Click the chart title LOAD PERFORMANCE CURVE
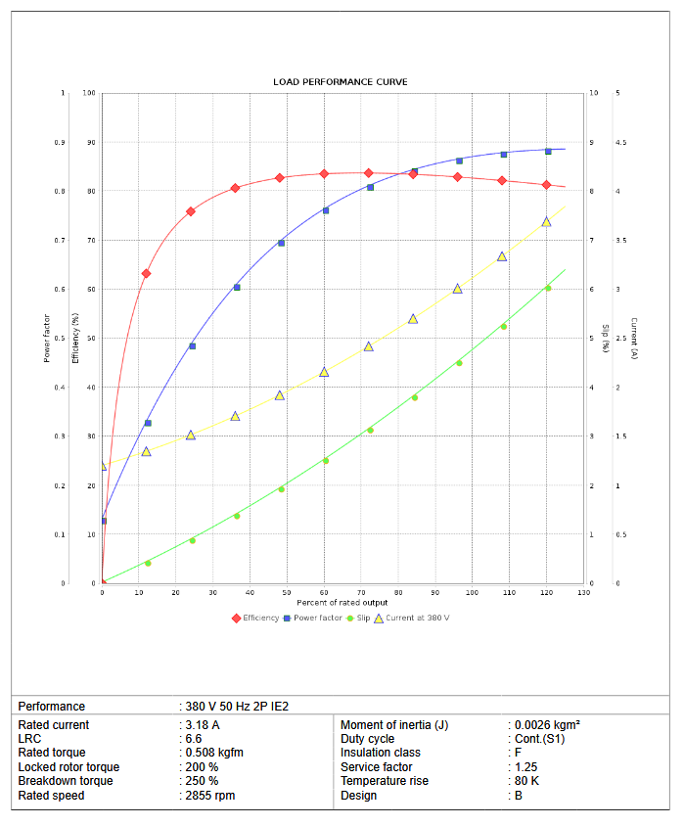pyautogui.click(x=341, y=81)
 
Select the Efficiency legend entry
pyautogui.click(x=260, y=618)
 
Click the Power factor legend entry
pyautogui.click(x=317, y=618)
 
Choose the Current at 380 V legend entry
pyautogui.click(x=417, y=618)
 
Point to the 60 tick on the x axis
pyautogui.click(x=324, y=593)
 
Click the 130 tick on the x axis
pyautogui.click(x=583, y=593)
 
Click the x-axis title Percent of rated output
pyautogui.click(x=342, y=603)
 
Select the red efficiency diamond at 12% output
pyautogui.click(x=146, y=274)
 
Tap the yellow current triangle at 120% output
pyautogui.click(x=546, y=222)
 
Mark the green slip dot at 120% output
pyautogui.click(x=548, y=288)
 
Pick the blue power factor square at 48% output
pyautogui.click(x=281, y=243)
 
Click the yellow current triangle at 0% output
pyautogui.click(x=103, y=466)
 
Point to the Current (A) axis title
pyautogui.click(x=634, y=338)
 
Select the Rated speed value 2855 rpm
pyautogui.click(x=212, y=796)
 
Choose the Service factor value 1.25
pyautogui.click(x=525, y=767)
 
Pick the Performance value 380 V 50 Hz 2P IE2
pyautogui.click(x=237, y=707)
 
